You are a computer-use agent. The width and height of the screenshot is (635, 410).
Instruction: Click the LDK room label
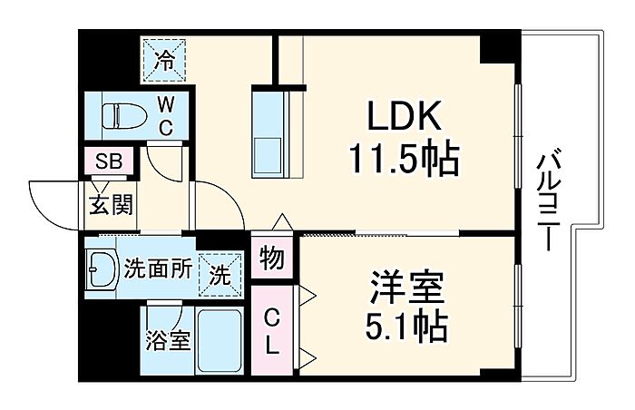(404, 118)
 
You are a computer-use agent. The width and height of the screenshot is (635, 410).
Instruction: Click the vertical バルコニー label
(546, 201)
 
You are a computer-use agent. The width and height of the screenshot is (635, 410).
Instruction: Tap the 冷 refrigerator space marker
(164, 61)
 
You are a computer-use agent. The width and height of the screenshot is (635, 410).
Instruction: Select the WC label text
(166, 116)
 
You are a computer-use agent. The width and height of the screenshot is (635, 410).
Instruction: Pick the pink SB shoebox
(109, 162)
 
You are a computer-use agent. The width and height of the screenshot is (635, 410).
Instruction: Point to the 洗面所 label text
(158, 268)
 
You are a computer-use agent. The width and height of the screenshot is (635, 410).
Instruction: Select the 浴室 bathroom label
(168, 342)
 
